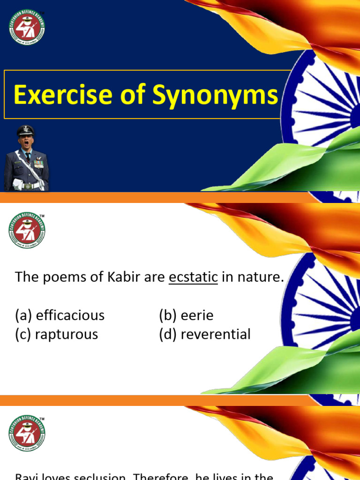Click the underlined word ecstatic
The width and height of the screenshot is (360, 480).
193,277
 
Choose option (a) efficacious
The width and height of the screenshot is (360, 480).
60,315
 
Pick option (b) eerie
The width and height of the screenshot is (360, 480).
186,315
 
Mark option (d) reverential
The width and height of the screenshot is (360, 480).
205,335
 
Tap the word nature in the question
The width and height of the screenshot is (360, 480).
261,277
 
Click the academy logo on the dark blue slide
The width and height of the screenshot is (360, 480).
26,26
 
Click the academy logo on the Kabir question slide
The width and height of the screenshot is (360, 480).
26,229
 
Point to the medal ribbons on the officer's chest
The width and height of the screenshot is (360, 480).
38,164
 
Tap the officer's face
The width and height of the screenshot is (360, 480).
25,142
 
